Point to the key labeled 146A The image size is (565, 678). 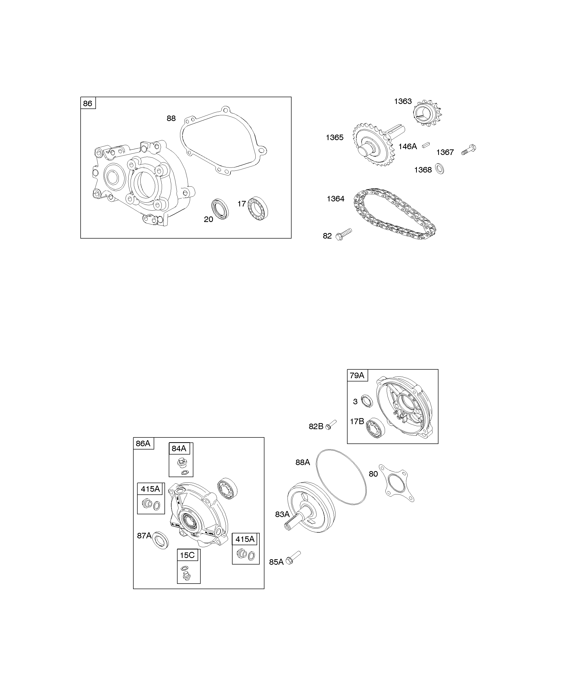tap(426, 145)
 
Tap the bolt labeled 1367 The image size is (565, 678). tap(469, 150)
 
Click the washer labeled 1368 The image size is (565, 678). tap(439, 169)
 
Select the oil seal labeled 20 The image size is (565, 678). tap(220, 209)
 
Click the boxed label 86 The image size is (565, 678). tap(88, 103)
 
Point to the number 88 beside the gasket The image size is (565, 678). tap(171, 119)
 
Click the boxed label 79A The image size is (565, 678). tap(357, 375)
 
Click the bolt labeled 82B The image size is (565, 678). tap(331, 425)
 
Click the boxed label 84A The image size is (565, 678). tap(179, 448)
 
